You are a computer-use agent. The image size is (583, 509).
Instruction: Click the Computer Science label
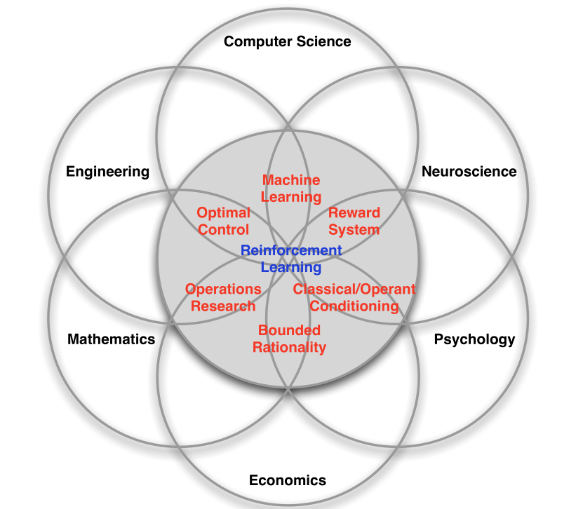(x=287, y=41)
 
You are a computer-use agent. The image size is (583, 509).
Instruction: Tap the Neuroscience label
(x=469, y=172)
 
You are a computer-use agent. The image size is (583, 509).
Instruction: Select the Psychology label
(x=474, y=339)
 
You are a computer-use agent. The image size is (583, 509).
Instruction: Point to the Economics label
(x=288, y=480)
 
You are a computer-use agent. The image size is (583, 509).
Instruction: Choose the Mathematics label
(x=111, y=339)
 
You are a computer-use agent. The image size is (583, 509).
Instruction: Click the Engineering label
(x=107, y=172)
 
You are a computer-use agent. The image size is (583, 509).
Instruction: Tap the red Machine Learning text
(x=291, y=189)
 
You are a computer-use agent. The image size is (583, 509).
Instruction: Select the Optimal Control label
(x=223, y=221)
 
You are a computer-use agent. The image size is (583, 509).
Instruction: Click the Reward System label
(x=354, y=221)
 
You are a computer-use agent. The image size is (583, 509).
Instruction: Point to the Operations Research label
(x=223, y=297)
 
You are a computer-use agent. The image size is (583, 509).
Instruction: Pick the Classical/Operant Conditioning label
(x=354, y=297)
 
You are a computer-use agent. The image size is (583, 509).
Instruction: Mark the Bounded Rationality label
(x=290, y=339)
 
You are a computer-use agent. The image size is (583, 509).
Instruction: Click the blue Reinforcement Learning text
(x=291, y=259)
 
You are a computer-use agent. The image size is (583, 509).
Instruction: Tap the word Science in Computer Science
(x=323, y=41)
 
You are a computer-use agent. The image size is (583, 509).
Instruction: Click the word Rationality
(x=290, y=347)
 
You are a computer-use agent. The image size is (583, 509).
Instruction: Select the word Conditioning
(x=354, y=306)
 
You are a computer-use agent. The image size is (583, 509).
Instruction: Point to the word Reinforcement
(x=291, y=250)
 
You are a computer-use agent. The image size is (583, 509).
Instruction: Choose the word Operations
(x=223, y=289)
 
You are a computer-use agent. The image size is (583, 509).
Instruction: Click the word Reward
(x=354, y=212)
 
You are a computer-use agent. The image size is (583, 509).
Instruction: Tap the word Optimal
(x=223, y=212)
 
